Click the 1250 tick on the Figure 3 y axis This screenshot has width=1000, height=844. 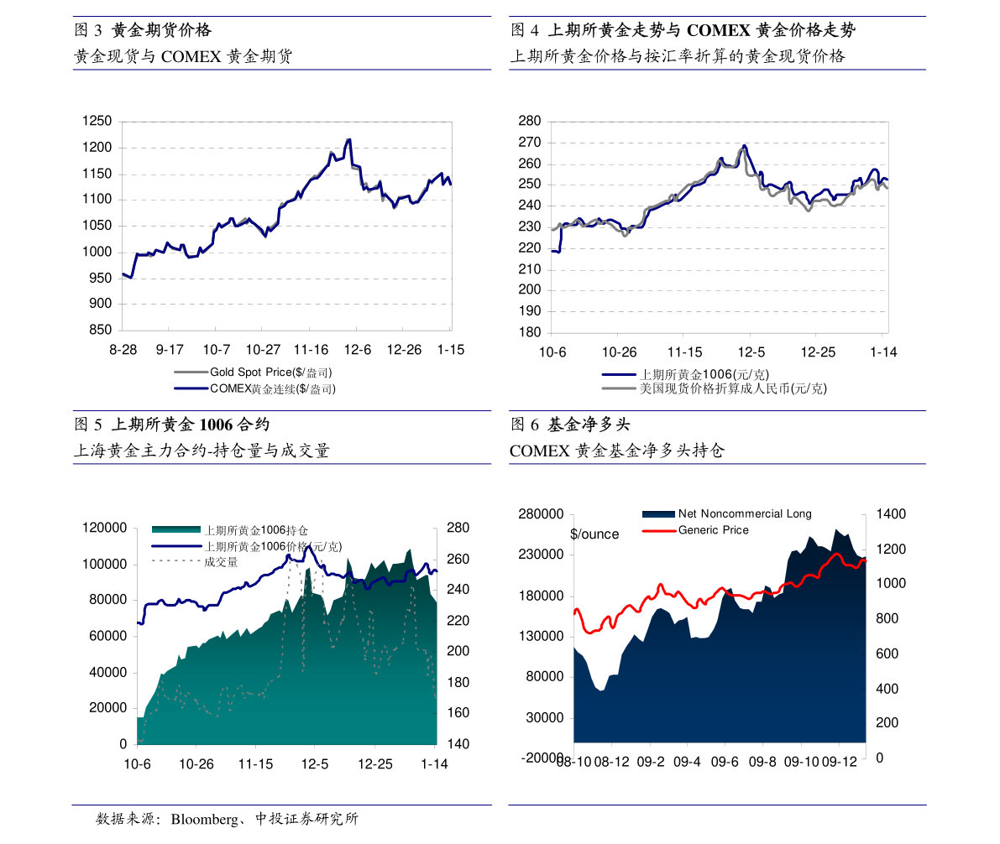click(97, 121)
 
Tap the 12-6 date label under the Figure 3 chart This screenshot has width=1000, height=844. click(357, 350)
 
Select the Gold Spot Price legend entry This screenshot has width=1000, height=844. click(254, 373)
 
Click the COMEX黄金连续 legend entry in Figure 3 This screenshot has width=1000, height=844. click(255, 388)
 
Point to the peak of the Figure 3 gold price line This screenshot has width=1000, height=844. click(348, 139)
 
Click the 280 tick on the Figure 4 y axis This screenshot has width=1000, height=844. click(529, 121)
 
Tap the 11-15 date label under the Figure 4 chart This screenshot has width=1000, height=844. click(684, 352)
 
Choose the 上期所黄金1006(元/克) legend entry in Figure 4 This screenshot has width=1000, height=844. click(686, 375)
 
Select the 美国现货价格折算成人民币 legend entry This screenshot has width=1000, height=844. click(715, 388)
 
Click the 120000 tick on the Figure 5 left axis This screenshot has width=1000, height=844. click(105, 528)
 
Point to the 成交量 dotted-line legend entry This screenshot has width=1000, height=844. click(195, 561)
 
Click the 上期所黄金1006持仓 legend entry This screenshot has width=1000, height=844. click(229, 529)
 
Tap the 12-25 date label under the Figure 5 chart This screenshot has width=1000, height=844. click(375, 763)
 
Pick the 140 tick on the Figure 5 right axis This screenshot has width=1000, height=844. click(458, 744)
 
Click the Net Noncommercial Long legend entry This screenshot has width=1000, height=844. click(727, 513)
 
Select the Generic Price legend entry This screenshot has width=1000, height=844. click(696, 530)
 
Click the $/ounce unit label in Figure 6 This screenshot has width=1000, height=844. click(594, 534)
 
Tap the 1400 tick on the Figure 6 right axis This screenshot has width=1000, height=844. click(891, 513)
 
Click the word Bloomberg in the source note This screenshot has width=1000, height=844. click(204, 819)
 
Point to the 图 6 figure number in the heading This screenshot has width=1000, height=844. click(525, 425)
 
